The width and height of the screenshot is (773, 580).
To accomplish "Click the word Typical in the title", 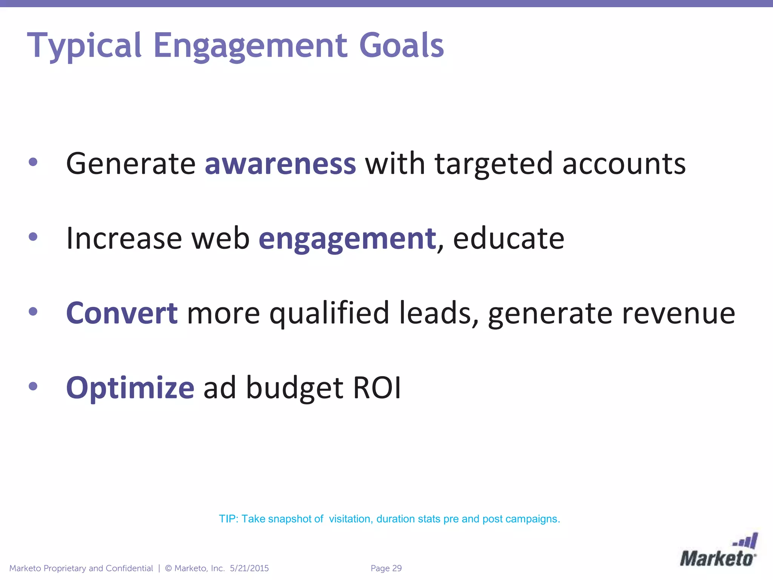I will (x=84, y=46).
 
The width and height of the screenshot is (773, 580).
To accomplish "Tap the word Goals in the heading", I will (x=401, y=46).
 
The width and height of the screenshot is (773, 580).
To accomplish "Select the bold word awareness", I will (x=280, y=164).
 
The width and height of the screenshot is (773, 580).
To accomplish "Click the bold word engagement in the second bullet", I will (x=347, y=239).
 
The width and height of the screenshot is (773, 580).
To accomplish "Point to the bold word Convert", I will (x=122, y=313).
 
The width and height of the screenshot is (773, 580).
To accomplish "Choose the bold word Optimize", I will (x=130, y=388).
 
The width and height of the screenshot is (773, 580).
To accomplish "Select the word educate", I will (x=508, y=239).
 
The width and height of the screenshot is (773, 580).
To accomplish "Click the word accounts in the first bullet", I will (x=624, y=164).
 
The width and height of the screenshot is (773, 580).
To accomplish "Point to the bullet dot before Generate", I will (x=33, y=162).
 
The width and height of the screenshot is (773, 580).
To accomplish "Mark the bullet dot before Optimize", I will (x=33, y=386).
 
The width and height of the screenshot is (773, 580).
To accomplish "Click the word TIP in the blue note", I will (x=228, y=519).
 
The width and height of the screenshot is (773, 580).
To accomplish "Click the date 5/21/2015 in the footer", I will (x=249, y=568).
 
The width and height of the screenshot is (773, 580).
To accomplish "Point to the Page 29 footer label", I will (x=386, y=568).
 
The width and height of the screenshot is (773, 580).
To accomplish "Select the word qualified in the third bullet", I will (x=329, y=313).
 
